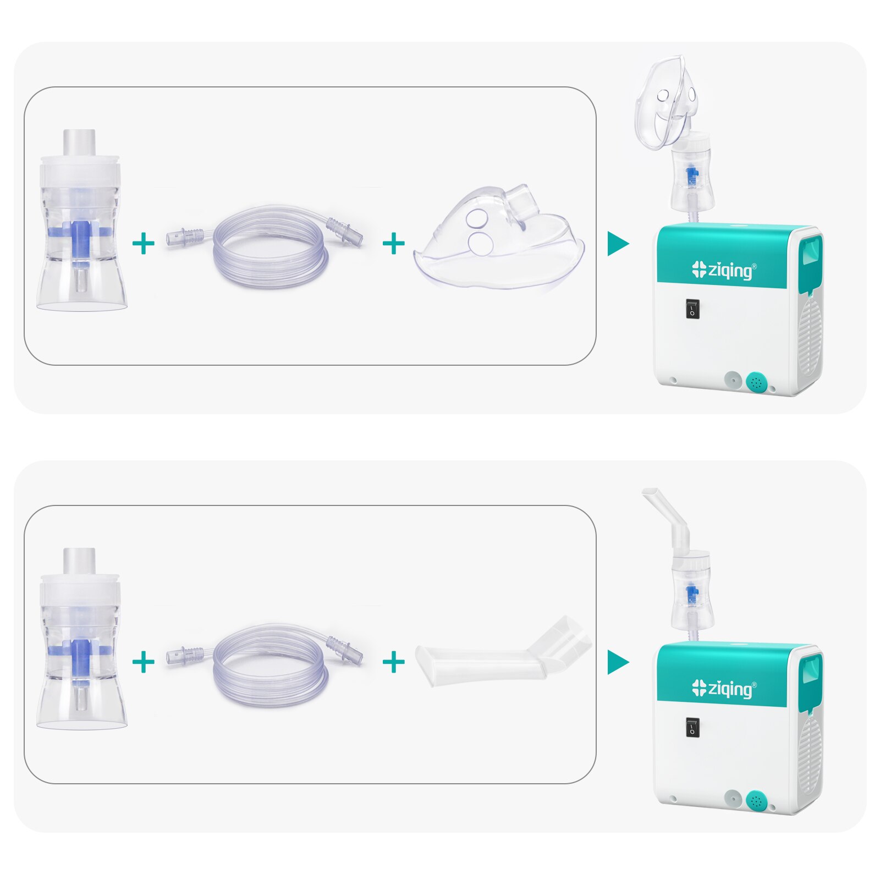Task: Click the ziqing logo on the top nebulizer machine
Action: tap(724, 270)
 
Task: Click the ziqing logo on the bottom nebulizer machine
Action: tap(724, 689)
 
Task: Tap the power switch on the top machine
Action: tap(692, 309)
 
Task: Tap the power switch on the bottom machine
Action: tap(692, 728)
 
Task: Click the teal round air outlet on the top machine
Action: tap(757, 382)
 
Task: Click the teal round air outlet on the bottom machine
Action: tap(757, 800)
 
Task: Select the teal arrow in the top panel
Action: tap(617, 244)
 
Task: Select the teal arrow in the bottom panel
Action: tap(617, 662)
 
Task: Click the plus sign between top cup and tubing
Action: tap(144, 244)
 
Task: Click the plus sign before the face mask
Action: tap(393, 244)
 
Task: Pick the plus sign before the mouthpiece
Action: tap(393, 662)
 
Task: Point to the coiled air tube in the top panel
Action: tap(269, 248)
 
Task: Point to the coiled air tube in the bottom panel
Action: tap(269, 665)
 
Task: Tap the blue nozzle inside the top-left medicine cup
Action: tap(81, 234)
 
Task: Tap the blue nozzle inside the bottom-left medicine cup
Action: tap(81, 652)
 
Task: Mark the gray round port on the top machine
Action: tap(732, 380)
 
